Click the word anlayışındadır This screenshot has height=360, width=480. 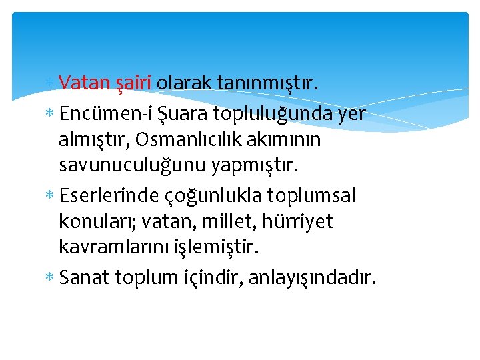pyautogui.click(x=312, y=277)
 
